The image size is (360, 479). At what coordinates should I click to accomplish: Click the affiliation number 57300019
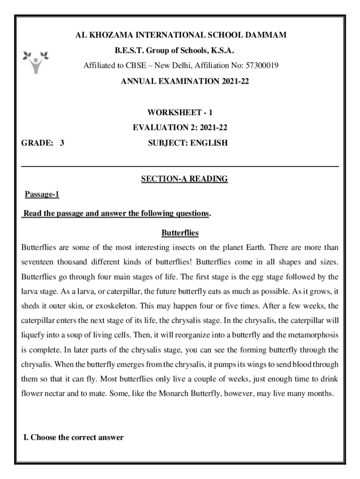261,66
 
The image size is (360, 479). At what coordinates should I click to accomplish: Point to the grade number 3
62,143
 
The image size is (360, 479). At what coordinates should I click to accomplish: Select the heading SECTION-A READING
184,179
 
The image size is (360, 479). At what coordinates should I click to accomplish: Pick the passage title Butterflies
180,232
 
